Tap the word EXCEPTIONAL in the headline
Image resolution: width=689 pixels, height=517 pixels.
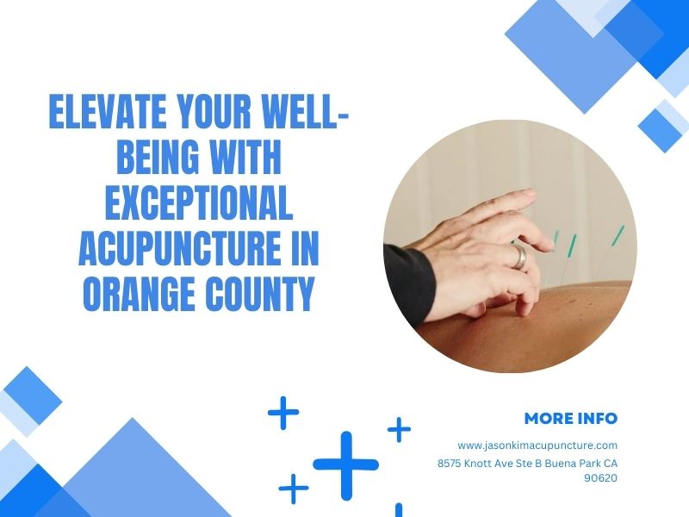199,202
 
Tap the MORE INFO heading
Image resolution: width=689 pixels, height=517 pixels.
571,418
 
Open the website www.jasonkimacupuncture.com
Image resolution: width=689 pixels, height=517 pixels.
537,445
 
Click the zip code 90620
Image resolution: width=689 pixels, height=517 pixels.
600,478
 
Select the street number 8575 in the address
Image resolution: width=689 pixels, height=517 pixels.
449,464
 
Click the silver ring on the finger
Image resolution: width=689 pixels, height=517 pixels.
519,257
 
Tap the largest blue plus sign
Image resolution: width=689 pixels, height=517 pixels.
346,465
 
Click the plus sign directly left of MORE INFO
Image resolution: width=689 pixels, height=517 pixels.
399,429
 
